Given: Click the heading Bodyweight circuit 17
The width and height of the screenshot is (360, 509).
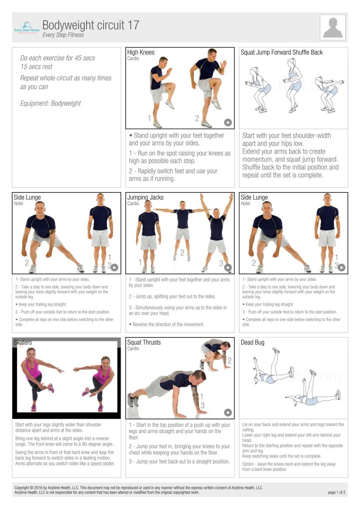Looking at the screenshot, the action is click(91, 25).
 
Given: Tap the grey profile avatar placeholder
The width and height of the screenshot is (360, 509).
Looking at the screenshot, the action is click(333, 27).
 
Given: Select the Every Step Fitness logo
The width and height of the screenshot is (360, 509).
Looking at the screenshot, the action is click(27, 28).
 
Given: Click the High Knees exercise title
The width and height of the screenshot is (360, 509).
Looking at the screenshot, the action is click(141, 52).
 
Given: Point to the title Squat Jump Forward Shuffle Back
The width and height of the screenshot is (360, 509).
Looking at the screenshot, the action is click(281, 52).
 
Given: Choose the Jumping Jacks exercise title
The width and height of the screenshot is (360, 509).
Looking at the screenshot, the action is click(145, 197).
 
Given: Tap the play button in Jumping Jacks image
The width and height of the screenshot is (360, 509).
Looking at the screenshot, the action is click(228, 267).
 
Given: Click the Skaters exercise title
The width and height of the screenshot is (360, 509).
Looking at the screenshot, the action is click(23, 342).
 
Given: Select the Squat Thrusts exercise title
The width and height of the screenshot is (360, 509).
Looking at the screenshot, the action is click(144, 342).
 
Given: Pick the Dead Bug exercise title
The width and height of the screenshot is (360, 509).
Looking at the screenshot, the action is click(253, 343).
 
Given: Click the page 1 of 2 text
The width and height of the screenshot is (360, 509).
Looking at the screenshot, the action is click(336, 492).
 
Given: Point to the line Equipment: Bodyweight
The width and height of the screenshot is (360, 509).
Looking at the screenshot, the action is click(50, 103).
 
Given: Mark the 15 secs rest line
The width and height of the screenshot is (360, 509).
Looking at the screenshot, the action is click(36, 66).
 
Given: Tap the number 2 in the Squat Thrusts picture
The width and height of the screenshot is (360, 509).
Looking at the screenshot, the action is click(230, 361).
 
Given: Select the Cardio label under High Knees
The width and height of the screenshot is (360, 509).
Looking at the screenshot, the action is click(133, 58).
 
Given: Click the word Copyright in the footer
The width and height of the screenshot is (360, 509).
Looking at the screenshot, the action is click(22, 488).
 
